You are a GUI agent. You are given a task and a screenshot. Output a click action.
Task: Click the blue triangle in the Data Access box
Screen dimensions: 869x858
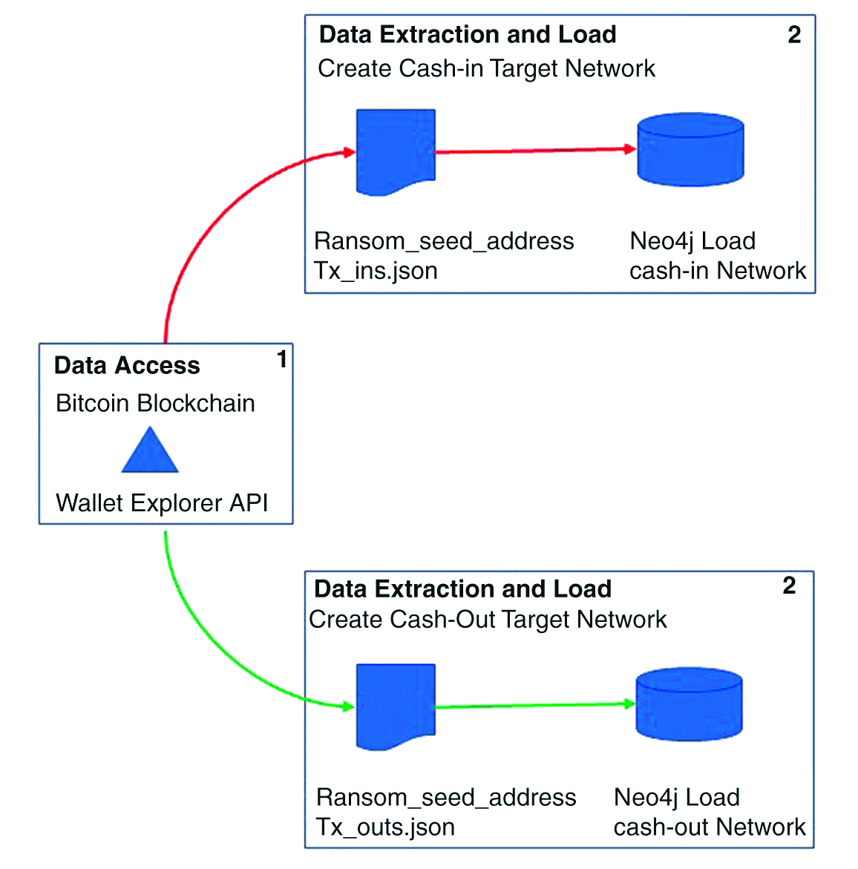click(150, 453)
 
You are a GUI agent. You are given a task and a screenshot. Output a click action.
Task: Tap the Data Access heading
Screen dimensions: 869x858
click(127, 365)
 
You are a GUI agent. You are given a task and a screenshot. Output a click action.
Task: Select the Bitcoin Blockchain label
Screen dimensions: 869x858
click(155, 403)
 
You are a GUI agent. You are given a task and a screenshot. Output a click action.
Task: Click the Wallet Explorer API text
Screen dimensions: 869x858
click(162, 502)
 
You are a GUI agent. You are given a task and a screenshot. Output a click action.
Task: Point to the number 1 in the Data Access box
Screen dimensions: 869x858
click(282, 360)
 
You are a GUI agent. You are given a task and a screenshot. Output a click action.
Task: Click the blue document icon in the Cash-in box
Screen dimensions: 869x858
click(395, 151)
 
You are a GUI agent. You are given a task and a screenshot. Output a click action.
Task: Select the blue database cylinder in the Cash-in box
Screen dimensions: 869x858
click(690, 149)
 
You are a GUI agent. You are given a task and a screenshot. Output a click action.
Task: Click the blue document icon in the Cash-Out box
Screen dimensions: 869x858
click(395, 706)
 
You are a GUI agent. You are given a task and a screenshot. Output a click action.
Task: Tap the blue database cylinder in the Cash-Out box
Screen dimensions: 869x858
click(689, 704)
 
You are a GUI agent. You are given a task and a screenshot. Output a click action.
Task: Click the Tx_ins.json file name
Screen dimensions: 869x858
click(376, 271)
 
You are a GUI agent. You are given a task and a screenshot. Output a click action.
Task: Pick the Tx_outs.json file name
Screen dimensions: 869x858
click(385, 827)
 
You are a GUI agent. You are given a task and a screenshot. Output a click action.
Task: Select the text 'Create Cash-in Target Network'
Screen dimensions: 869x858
click(486, 68)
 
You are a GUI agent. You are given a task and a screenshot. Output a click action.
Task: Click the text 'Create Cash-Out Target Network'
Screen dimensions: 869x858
click(488, 619)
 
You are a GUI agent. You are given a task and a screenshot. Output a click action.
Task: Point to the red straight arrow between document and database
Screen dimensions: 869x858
click(534, 151)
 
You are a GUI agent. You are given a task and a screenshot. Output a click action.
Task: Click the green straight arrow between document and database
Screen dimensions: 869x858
click(534, 706)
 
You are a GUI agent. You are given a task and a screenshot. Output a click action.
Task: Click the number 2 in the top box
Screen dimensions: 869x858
click(794, 35)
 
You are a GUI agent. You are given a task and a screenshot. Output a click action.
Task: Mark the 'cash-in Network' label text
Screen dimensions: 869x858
click(717, 271)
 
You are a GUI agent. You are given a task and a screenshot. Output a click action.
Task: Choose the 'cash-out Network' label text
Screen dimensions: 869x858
click(709, 827)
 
